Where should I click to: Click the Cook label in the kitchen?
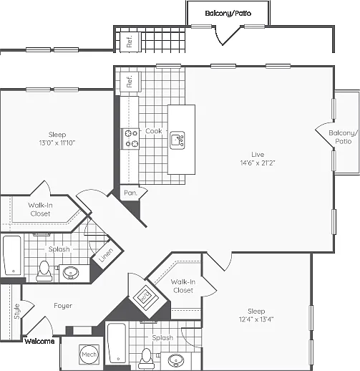(154, 131)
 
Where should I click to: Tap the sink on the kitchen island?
(177, 140)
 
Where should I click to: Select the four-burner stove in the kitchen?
(130, 139)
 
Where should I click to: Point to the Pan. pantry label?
(130, 193)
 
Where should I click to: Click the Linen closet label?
(106, 255)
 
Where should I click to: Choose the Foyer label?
(63, 306)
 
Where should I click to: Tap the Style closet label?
(17, 312)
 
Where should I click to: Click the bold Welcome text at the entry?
(39, 341)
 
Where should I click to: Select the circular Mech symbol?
(89, 355)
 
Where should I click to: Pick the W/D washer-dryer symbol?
(146, 295)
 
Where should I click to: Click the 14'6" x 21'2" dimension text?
(258, 163)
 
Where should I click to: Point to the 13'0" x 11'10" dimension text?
(57, 143)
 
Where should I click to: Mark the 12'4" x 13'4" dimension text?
(256, 319)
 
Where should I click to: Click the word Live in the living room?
(258, 155)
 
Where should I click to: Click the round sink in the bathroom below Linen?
(71, 273)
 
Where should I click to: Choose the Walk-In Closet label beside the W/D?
(183, 286)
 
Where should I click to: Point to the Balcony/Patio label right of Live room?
(344, 137)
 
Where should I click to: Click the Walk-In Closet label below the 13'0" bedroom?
(40, 209)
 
